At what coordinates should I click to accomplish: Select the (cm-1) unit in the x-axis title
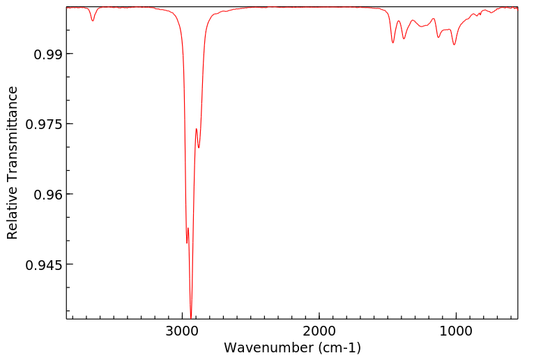pyautogui.click(x=338, y=347)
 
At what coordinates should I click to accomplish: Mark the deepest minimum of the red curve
pyautogui.click(x=191, y=317)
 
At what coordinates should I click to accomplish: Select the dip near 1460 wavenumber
pyautogui.click(x=393, y=43)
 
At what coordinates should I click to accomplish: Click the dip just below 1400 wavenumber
pyautogui.click(x=404, y=38)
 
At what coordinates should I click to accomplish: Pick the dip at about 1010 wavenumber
pyautogui.click(x=455, y=45)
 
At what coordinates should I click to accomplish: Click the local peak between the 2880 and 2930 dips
pyautogui.click(x=197, y=129)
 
